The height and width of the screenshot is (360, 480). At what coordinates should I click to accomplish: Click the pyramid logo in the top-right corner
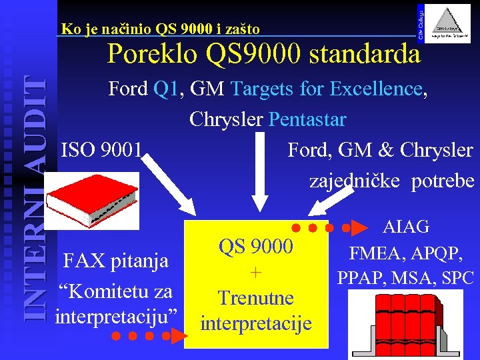(448, 25)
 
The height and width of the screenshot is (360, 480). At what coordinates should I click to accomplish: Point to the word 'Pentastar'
(307, 119)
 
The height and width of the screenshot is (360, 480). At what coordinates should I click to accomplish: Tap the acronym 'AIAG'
(406, 227)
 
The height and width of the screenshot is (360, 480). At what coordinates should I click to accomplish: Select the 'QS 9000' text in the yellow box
(255, 247)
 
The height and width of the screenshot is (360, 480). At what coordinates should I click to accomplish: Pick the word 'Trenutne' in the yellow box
(256, 297)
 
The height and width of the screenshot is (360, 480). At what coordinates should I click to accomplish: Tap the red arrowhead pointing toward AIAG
(359, 227)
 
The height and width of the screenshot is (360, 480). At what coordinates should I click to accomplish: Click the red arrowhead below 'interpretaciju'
(177, 336)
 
